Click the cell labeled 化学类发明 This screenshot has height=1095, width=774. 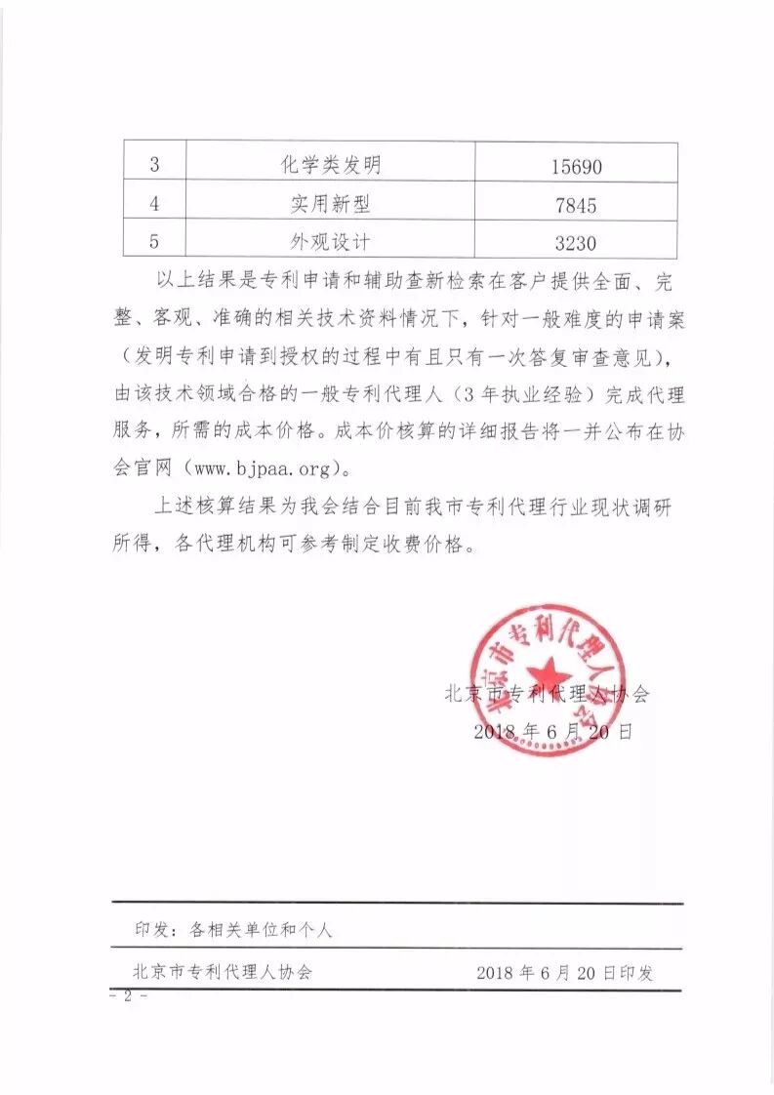[329, 165]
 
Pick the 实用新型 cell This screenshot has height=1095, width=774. [329, 204]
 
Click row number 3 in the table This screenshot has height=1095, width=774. [154, 165]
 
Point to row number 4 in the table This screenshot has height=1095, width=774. [154, 204]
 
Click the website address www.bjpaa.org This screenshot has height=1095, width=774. [264, 466]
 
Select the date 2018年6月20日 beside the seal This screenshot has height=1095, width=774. [552, 731]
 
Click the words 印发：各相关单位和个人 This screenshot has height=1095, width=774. [234, 930]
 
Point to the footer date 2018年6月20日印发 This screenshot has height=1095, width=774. [565, 973]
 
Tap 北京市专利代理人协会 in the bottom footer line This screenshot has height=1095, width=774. [223, 973]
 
